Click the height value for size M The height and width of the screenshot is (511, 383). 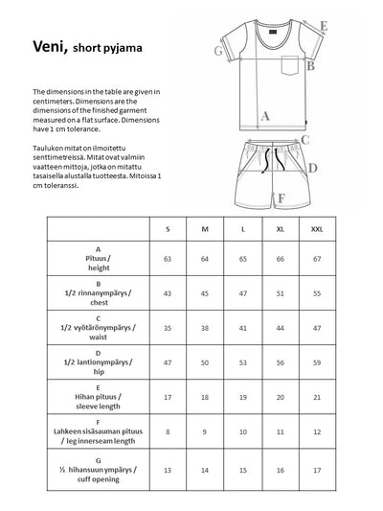(204, 259)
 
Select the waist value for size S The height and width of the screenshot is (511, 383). (169, 327)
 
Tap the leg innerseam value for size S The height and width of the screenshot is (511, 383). (169, 432)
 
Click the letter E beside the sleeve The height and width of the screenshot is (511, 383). (324, 27)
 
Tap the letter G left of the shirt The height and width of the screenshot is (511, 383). (219, 51)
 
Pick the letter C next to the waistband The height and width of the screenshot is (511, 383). (304, 140)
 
